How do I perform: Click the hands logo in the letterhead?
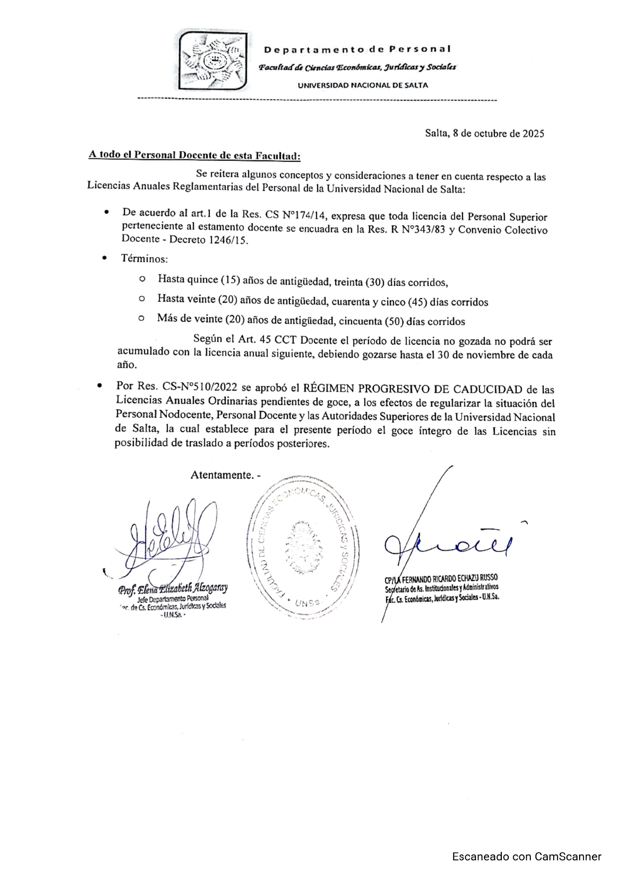[214, 60]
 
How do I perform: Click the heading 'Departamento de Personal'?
[357, 49]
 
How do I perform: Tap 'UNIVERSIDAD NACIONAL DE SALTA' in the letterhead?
[362, 85]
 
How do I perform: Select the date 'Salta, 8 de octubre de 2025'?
[484, 133]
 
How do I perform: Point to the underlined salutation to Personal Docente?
[194, 155]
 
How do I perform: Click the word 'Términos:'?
[145, 259]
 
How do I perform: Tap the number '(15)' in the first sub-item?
[230, 280]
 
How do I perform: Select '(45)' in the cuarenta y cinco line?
[417, 302]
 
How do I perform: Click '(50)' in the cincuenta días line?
[394, 321]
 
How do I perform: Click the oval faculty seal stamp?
[303, 547]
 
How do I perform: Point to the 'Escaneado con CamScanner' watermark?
[527, 857]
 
